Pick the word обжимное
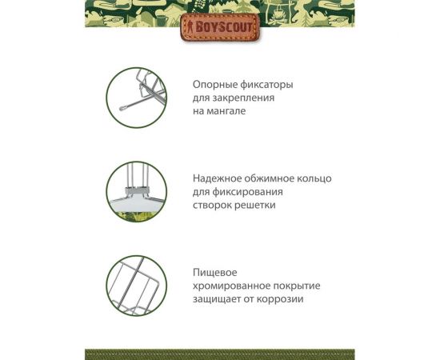click(x=277, y=178)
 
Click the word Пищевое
click(x=215, y=273)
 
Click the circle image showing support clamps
click(x=136, y=98)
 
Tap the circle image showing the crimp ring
click(x=136, y=192)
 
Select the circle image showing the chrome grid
click(x=136, y=286)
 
